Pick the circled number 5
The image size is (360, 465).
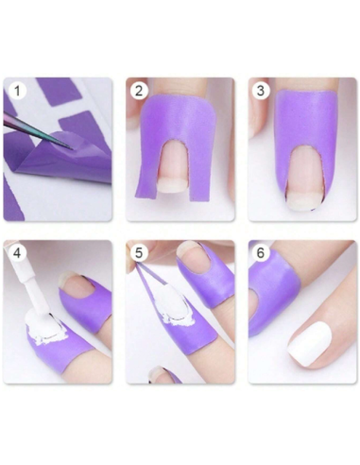tap(140, 253)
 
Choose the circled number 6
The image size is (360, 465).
tap(262, 253)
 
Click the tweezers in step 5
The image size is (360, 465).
tap(151, 284)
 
